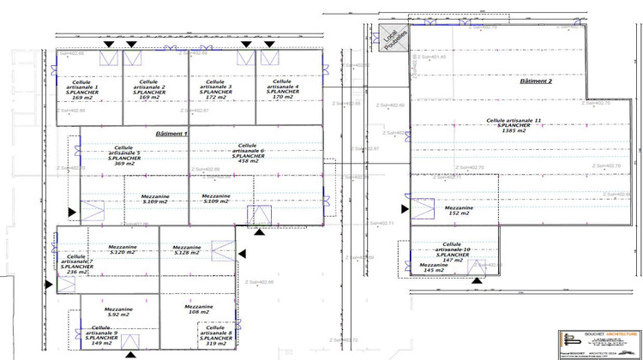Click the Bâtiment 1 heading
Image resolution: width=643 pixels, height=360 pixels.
[171, 135]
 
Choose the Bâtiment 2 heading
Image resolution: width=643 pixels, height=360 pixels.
[537, 80]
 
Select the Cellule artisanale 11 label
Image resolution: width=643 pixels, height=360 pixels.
[514, 121]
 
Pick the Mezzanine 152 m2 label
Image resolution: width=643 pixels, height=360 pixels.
[457, 210]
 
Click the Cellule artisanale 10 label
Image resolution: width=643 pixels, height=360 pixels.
[452, 248]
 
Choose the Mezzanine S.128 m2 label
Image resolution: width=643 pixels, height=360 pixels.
[186, 249]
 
